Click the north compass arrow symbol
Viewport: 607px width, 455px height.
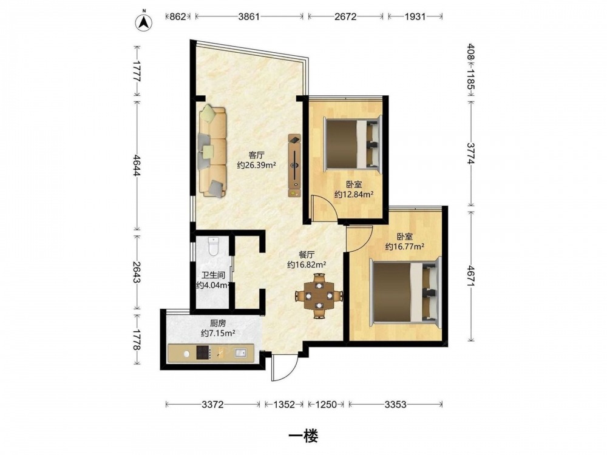pos(144,22)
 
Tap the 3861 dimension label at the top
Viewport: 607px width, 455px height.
pos(249,16)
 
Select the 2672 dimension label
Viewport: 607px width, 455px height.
pos(346,16)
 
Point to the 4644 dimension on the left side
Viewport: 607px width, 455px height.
pos(136,165)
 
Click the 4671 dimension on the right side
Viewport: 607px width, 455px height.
pos(471,276)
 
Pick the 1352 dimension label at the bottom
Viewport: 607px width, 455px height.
pos(284,405)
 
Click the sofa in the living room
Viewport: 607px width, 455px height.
pos(212,151)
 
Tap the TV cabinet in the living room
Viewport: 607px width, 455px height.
pos(294,165)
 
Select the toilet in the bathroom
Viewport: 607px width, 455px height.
pos(214,246)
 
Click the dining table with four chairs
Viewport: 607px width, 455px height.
pos(319,296)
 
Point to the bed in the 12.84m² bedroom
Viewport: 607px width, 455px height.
pos(352,144)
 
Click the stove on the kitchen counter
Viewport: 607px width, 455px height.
pos(203,352)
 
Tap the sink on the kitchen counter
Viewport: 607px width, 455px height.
pos(240,353)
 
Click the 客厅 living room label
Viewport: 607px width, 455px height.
pos(256,155)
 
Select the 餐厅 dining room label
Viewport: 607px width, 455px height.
pos(307,255)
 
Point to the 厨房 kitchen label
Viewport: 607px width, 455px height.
pos(217,323)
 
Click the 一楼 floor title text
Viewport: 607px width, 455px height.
pos(303,436)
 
